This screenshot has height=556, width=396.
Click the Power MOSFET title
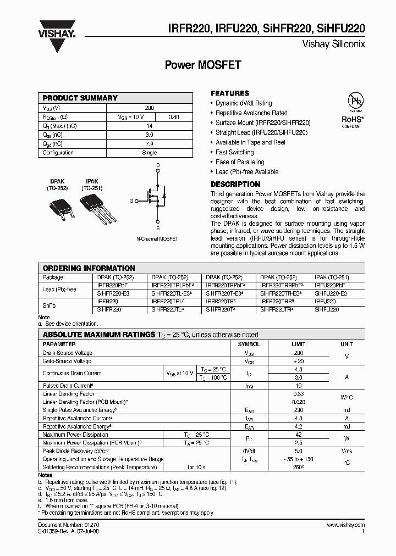coord(203,64)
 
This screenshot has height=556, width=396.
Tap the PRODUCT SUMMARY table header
coord(80,98)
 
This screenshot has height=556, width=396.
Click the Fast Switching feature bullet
coord(234,152)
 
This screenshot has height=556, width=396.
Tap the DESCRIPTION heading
coord(235,184)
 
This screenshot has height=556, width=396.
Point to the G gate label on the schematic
coord(131,201)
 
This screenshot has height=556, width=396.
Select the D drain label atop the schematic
coord(158,165)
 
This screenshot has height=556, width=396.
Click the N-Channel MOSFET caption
coord(157,239)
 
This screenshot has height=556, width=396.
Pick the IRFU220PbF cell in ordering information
coord(330,286)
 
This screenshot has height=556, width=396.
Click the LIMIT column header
coord(298,344)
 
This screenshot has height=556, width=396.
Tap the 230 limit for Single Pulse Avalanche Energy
coord(298,410)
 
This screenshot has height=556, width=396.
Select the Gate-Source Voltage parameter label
coord(67,362)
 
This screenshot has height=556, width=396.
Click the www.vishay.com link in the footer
coord(346,526)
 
